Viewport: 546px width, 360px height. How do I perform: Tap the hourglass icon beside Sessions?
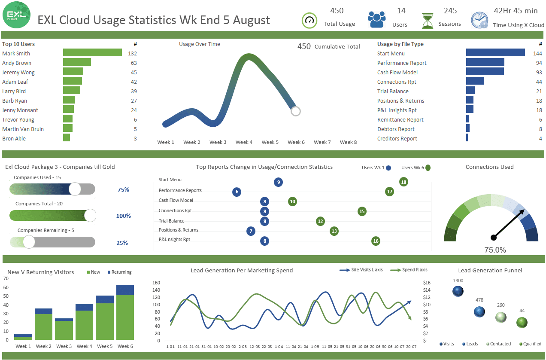click(428, 21)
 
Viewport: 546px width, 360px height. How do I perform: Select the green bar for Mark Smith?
click(92, 53)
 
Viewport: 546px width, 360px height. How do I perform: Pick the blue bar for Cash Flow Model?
click(485, 72)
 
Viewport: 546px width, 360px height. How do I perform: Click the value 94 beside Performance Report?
click(539, 63)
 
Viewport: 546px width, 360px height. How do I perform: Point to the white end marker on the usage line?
click(295, 111)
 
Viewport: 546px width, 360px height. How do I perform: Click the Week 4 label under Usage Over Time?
click(244, 142)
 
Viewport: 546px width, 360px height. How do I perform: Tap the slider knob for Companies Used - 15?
click(75, 189)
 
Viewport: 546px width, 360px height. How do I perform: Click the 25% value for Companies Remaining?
click(122, 243)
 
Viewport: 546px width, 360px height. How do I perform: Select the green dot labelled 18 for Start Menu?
click(403, 182)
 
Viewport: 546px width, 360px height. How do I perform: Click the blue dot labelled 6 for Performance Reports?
click(237, 192)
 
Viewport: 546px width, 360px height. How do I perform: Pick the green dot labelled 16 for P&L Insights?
click(376, 241)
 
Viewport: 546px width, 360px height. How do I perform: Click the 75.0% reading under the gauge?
click(495, 250)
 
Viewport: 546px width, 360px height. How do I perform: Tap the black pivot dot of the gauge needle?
click(494, 237)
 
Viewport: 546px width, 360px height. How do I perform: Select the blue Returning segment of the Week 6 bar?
click(125, 290)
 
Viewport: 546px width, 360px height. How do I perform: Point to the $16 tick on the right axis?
click(426, 283)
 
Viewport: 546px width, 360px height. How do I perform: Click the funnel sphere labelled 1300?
click(458, 291)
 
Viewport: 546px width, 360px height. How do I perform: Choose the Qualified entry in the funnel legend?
click(530, 344)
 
